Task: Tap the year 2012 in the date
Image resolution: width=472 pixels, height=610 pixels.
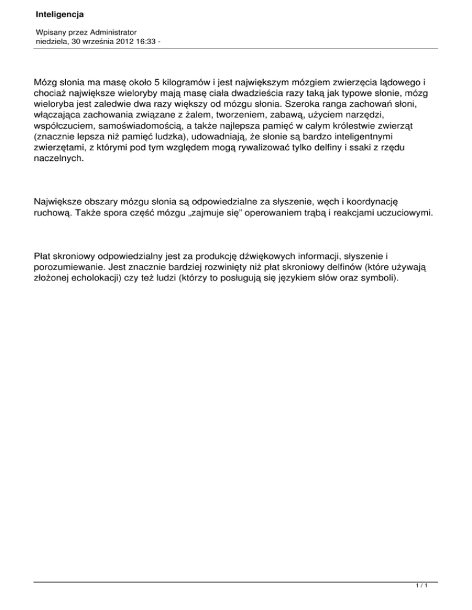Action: [119, 41]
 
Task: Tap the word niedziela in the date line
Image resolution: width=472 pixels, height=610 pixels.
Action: [52, 41]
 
